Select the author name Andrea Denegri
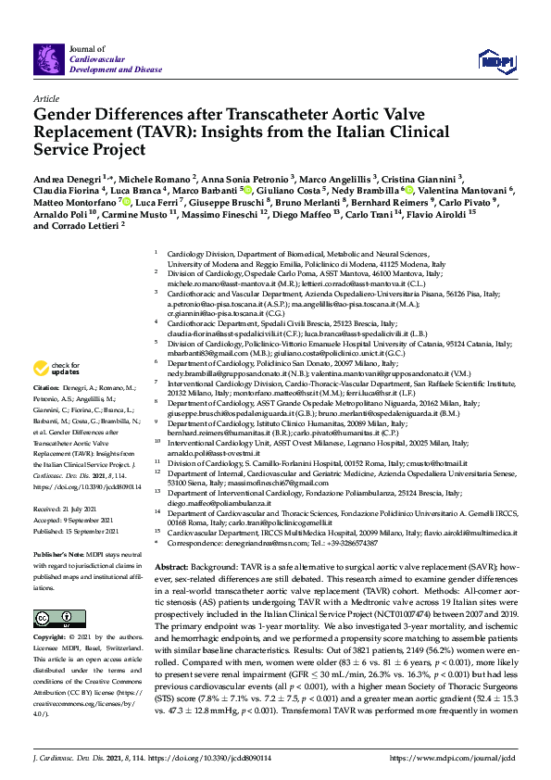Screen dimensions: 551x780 tap(66, 176)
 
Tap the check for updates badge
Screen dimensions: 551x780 tap(60, 367)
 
